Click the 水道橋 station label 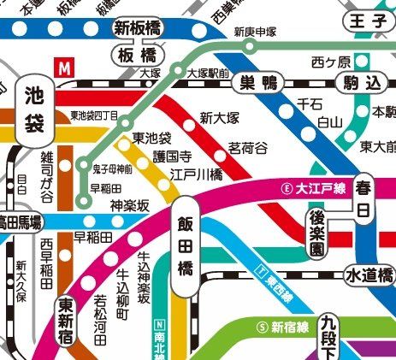click(x=369, y=275)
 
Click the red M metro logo click(x=63, y=66)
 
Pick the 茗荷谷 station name click(x=246, y=147)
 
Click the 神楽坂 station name click(x=130, y=205)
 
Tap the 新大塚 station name click(x=218, y=118)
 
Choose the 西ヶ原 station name click(x=331, y=62)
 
